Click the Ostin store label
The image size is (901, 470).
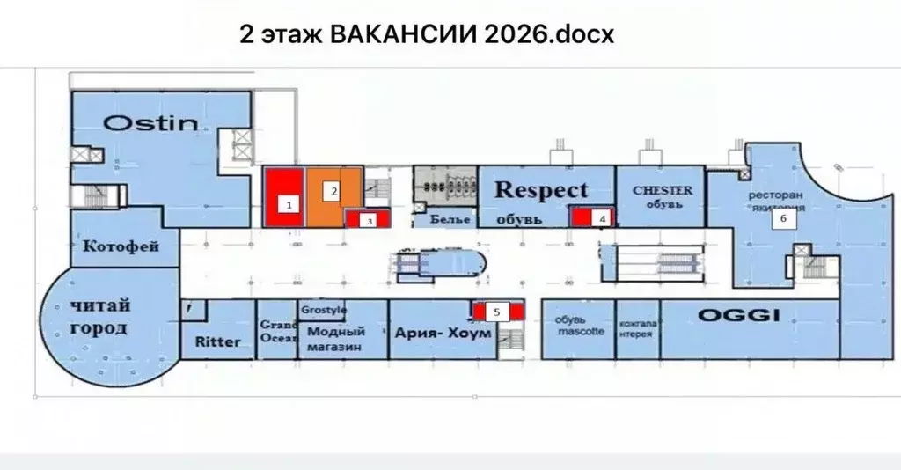point(150,122)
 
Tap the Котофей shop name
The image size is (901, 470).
point(121,246)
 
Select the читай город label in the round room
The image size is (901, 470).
point(99,317)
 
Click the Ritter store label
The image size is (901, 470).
point(216,341)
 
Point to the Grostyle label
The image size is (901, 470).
point(324,311)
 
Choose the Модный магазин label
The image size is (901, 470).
point(336,340)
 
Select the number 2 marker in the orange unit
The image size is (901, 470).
point(333,189)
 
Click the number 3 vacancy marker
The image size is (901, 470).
point(370,220)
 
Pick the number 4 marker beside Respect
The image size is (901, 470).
point(602,217)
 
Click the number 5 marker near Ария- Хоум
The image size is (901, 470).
point(497,311)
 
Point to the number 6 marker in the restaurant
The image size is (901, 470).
point(779,220)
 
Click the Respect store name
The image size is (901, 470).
point(541,189)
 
